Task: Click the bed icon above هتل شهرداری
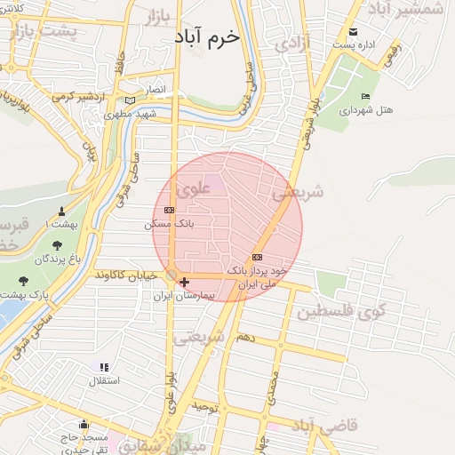click(364, 96)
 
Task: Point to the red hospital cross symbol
click(184, 283)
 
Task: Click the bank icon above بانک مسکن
click(170, 210)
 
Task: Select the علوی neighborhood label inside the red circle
click(193, 189)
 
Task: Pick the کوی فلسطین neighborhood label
click(341, 312)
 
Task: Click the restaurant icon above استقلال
click(103, 366)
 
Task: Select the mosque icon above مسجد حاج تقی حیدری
click(84, 424)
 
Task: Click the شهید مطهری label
click(130, 115)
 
